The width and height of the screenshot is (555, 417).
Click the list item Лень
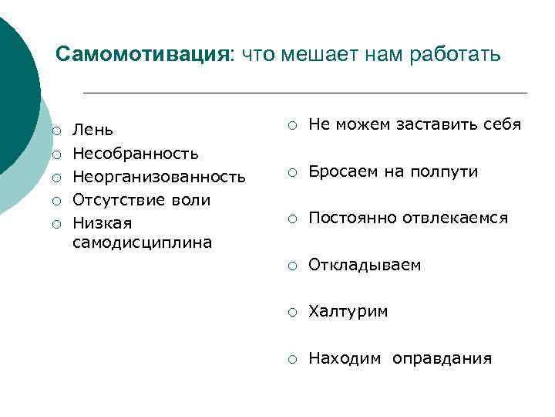click(92, 129)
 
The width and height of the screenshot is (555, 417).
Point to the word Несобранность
click(136, 153)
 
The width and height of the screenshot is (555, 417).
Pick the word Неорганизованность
click(159, 177)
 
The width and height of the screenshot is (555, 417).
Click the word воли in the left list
click(190, 200)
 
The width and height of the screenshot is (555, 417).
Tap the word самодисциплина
click(142, 242)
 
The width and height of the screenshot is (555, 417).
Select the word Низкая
click(102, 223)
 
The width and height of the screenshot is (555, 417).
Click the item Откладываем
click(365, 266)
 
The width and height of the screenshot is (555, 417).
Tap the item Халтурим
click(348, 312)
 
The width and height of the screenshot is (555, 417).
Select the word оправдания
click(442, 359)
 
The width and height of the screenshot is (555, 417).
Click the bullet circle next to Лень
click(56, 130)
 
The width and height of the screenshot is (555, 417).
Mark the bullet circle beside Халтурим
click(292, 313)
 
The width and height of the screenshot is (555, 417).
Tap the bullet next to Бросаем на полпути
click(292, 172)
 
